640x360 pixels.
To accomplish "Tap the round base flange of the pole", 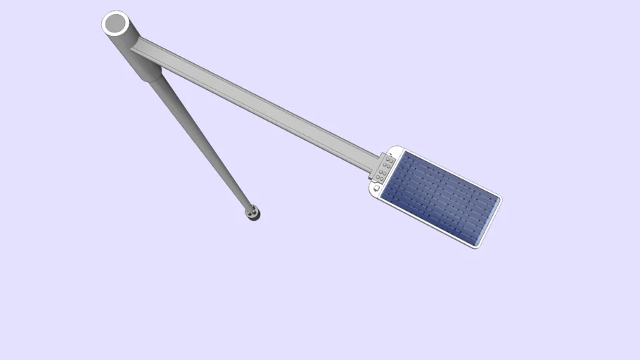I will [252, 212].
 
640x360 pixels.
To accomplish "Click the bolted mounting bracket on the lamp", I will [384, 167].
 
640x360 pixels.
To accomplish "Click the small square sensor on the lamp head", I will [377, 188].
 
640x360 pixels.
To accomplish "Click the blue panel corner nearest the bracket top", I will [403, 154].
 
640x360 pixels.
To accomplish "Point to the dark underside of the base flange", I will [255, 217].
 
